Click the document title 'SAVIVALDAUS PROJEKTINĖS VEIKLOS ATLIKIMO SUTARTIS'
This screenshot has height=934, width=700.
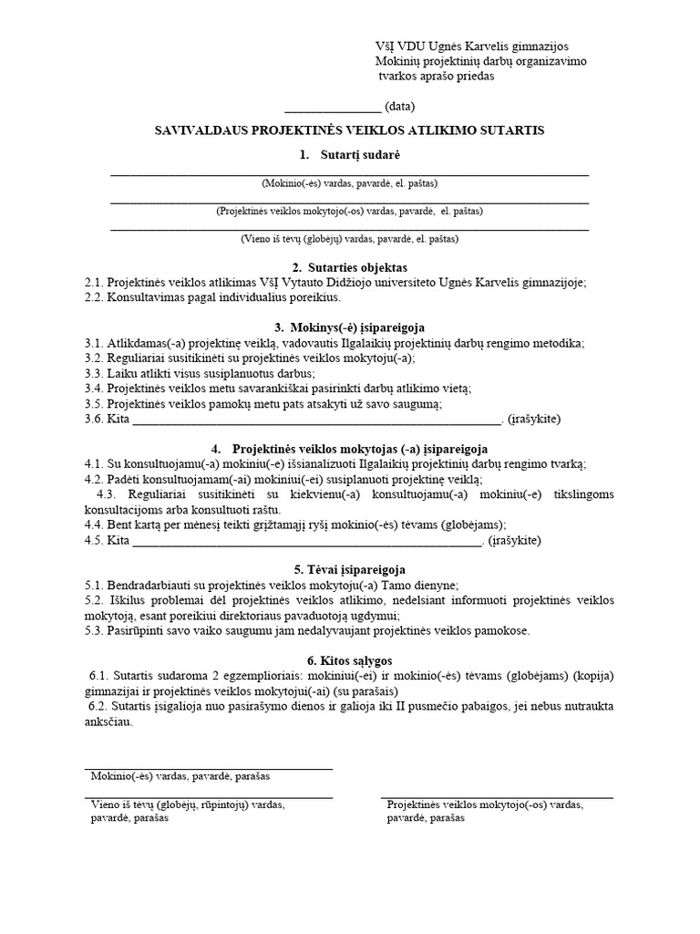[350, 130]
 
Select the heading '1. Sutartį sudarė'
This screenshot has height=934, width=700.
[349, 156]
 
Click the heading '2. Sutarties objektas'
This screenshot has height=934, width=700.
[349, 266]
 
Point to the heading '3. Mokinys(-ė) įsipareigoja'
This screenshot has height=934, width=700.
[349, 327]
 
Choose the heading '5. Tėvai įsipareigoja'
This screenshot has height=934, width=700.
[349, 568]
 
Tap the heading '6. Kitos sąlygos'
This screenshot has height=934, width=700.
[349, 659]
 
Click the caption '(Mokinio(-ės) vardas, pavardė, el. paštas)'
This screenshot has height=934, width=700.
[349, 182]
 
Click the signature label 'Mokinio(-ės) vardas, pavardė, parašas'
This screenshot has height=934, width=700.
[180, 776]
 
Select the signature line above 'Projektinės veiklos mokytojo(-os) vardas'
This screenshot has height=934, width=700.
[497, 798]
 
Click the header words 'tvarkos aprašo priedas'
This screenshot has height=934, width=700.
[436, 77]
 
